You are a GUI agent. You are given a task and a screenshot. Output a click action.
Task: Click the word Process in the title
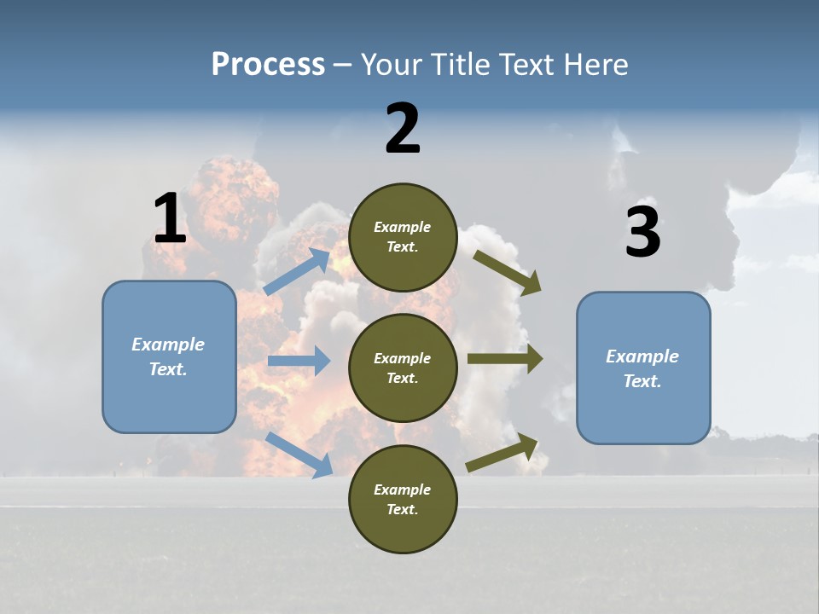tap(268, 65)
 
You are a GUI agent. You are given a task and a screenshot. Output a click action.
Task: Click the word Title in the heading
tap(456, 65)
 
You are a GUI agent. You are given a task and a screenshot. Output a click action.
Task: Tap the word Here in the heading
tap(594, 65)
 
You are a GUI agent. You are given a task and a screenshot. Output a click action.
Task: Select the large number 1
tap(170, 218)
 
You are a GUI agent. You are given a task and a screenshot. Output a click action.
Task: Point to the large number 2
tap(403, 129)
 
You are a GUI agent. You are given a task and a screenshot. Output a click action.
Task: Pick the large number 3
tap(642, 232)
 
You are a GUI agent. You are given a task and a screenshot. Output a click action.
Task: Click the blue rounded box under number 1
tap(169, 356)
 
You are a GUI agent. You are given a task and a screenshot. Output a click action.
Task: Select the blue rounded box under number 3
tap(643, 368)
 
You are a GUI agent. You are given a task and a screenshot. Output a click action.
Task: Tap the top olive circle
tap(403, 237)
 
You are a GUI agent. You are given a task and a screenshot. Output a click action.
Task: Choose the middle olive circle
tap(403, 368)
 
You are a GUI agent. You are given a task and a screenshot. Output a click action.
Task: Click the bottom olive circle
tap(403, 499)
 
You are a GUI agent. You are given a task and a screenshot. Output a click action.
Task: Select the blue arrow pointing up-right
tap(298, 271)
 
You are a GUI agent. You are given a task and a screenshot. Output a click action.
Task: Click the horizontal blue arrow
tap(299, 361)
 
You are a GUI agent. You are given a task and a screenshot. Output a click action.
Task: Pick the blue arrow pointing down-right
tap(299, 455)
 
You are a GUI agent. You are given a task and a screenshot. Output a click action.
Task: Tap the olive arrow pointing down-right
tap(508, 272)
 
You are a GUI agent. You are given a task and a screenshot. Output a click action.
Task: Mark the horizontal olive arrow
tap(505, 359)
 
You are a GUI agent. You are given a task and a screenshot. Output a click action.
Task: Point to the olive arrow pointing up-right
tap(502, 453)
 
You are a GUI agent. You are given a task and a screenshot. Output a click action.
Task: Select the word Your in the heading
tap(390, 65)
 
